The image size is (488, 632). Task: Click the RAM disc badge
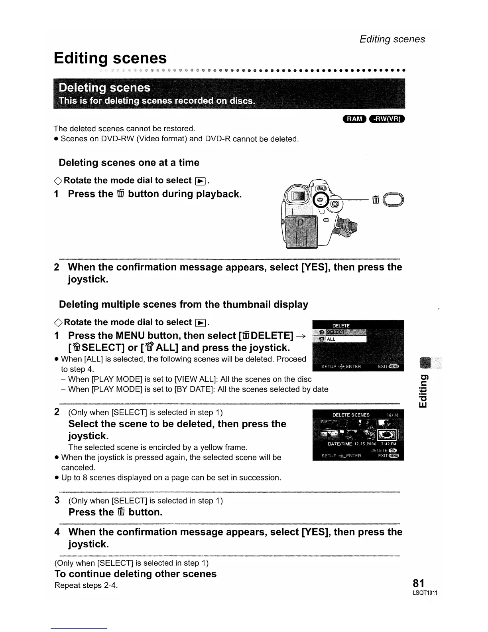pos(354,118)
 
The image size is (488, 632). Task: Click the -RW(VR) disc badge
pos(387,118)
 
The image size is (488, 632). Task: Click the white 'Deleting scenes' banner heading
pos(104,88)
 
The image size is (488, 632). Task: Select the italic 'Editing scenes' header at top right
pos(392,39)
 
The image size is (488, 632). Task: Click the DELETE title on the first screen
pos(341,326)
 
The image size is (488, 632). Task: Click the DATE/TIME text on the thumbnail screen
pos(340,444)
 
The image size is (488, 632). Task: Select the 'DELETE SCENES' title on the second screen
pos(351,415)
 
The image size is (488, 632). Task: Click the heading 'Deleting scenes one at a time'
pos(129,163)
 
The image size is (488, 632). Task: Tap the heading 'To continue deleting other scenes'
pos(135,574)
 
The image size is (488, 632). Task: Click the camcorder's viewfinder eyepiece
pos(298,196)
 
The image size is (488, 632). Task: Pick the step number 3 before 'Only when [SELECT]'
pos(57,500)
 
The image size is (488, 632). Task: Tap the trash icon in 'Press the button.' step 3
pos(121,512)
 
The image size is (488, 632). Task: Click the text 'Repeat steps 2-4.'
pos(86,585)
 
